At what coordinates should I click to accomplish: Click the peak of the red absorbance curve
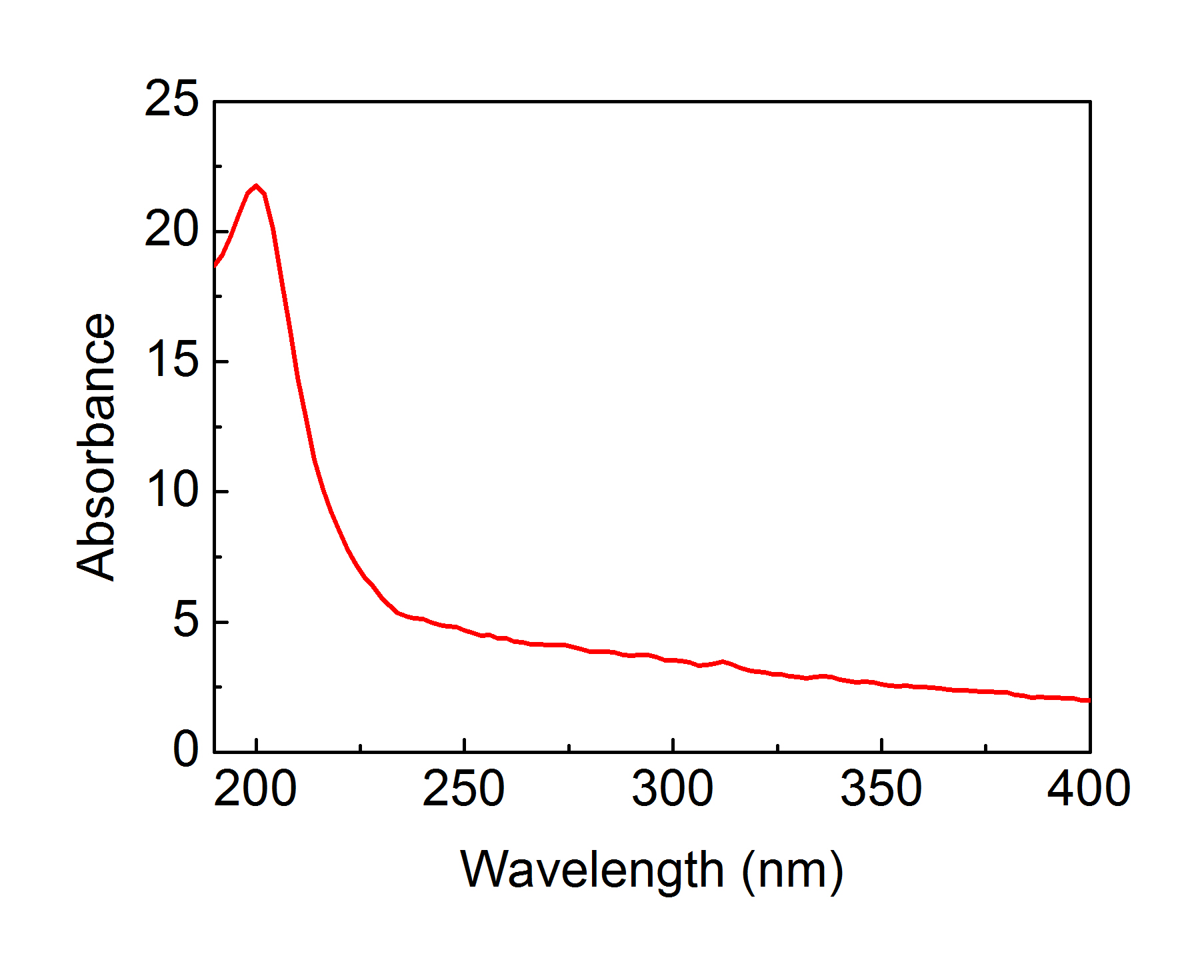click(x=256, y=186)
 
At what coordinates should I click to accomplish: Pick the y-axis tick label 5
click(x=185, y=621)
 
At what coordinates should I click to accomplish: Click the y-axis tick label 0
click(x=185, y=749)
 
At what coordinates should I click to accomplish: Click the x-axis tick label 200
click(x=255, y=789)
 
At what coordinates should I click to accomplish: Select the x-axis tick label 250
click(x=464, y=789)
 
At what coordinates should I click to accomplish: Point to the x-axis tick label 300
click(x=673, y=789)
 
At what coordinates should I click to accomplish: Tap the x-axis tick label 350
click(x=881, y=789)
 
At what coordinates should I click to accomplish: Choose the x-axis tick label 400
click(x=1089, y=789)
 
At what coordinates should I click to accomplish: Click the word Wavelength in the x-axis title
click(x=591, y=871)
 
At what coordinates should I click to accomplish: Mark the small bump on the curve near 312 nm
click(x=723, y=661)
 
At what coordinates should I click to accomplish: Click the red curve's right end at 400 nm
click(x=1088, y=700)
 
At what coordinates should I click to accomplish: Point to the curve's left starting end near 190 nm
click(x=215, y=264)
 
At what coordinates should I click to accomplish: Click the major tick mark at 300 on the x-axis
click(x=673, y=745)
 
